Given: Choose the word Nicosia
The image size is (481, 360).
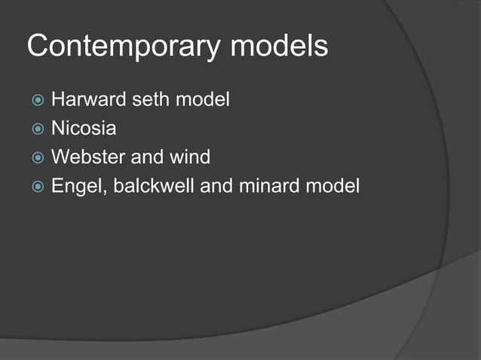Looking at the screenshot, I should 84,128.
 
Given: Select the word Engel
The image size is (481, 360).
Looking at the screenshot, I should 76,185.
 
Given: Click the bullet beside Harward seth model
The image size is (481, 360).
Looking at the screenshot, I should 38,99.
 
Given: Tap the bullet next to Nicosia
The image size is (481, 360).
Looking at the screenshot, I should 38,129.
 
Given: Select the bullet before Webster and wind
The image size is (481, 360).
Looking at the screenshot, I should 38,157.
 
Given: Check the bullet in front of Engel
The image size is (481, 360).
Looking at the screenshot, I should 38,186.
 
